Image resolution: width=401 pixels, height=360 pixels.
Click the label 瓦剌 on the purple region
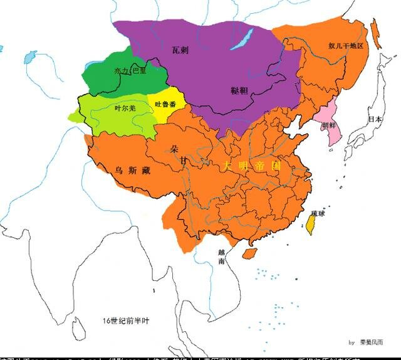click(180, 49)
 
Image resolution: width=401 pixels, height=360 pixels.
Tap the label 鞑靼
click(239, 90)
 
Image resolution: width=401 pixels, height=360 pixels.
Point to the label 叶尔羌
click(125, 109)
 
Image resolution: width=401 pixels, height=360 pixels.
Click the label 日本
click(375, 119)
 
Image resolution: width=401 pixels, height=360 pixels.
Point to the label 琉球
click(318, 213)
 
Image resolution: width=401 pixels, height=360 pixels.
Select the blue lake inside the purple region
click(241, 39)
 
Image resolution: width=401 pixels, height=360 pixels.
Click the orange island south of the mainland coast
click(249, 253)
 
